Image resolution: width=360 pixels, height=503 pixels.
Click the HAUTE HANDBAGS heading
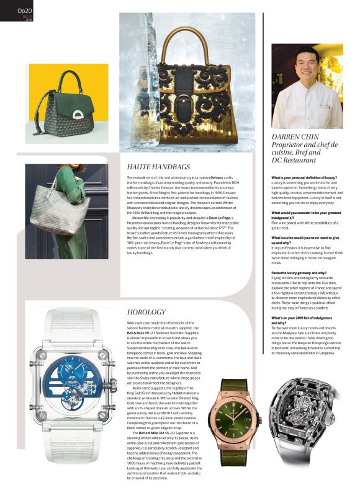pyautogui.click(x=158, y=167)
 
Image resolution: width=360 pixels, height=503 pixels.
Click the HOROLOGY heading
pyautogui.click(x=146, y=311)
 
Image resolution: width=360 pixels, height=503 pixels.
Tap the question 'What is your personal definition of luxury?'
pyautogui.click(x=304, y=177)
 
